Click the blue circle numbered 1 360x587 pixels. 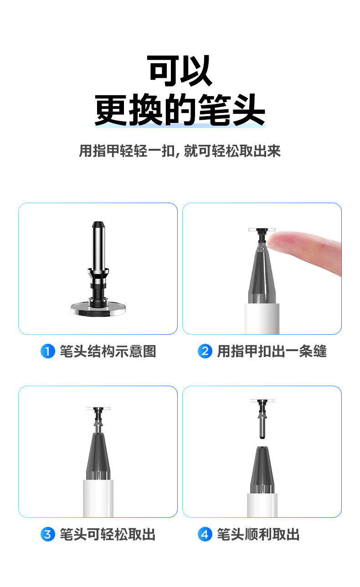(x=48, y=351)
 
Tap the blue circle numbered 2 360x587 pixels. (x=205, y=351)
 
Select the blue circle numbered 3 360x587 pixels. (x=48, y=534)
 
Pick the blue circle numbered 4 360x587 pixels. (x=205, y=534)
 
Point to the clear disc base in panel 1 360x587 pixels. (x=98, y=308)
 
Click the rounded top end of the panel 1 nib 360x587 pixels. (x=98, y=225)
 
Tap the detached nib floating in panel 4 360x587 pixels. (x=262, y=419)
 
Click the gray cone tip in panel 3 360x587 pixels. (x=98, y=456)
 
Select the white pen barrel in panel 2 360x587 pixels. (x=262, y=319)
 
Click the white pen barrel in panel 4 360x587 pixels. (x=262, y=505)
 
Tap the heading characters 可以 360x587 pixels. (x=180, y=71)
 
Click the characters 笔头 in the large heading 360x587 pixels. (x=232, y=110)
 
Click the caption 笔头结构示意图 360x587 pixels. (x=108, y=351)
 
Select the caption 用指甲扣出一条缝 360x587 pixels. (x=272, y=351)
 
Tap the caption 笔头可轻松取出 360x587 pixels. (x=108, y=534)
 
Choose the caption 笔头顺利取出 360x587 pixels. (x=258, y=534)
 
